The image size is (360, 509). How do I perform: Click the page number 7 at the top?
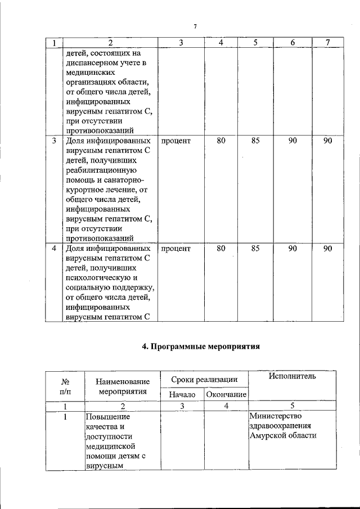point(195,26)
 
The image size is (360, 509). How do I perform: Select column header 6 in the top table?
point(292,43)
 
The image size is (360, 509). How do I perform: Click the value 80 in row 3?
point(221,141)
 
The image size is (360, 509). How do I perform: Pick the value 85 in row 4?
point(255,248)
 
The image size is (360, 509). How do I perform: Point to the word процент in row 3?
point(176,141)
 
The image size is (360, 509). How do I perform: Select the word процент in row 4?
point(176,248)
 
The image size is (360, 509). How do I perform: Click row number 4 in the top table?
point(54,248)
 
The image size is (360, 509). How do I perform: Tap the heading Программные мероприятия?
point(201,347)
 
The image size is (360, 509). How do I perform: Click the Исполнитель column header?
point(292,376)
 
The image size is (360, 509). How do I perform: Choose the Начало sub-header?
point(182,395)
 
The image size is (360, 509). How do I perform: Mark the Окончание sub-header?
point(226,395)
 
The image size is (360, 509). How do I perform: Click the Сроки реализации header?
point(204,380)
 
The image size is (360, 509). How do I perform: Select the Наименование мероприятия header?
point(123,386)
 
